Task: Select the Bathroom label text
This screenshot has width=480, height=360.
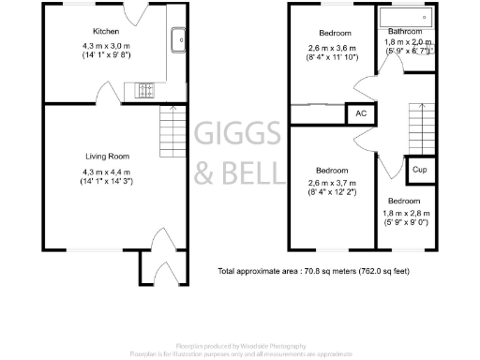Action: point(404,30)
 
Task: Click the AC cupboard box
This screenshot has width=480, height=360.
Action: point(361,113)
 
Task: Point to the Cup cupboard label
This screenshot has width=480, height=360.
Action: point(419,170)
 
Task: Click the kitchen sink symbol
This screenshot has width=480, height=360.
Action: point(177,40)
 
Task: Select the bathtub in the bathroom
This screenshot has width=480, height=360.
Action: point(407,17)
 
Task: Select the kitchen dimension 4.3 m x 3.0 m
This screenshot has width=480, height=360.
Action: point(105,45)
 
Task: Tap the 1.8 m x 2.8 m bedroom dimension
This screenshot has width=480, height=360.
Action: point(404,215)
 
